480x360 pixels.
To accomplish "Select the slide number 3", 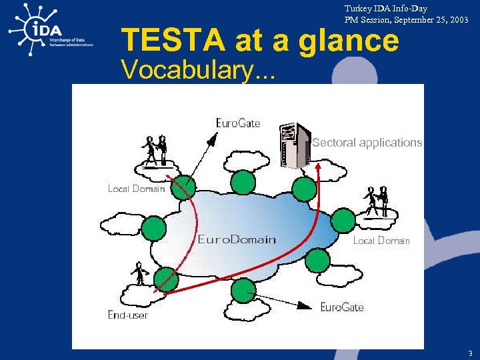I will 470,353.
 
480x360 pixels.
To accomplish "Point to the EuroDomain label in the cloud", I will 237,239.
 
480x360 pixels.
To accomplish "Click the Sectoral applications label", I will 367,143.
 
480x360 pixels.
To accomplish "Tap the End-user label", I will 129,315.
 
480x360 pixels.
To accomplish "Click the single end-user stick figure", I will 139,274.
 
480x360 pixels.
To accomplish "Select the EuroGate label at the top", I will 238,123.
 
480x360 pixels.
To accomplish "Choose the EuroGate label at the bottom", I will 342,307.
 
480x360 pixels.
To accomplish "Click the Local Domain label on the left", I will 136,189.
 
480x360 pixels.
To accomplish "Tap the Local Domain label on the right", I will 381,241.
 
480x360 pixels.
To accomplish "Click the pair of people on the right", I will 377,201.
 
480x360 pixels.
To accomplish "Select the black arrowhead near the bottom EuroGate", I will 305,306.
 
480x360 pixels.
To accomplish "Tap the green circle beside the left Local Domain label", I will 184,189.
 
